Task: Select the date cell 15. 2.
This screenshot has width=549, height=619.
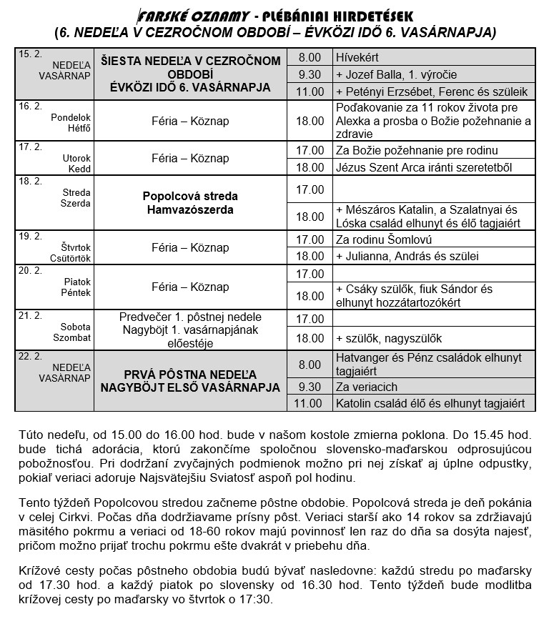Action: pyautogui.click(x=28, y=54)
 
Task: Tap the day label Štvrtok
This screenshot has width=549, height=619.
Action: pyautogui.click(x=76, y=243)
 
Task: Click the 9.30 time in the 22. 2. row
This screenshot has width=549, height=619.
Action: pyautogui.click(x=310, y=387)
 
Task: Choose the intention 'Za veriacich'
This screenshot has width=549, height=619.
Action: pyautogui.click(x=366, y=387)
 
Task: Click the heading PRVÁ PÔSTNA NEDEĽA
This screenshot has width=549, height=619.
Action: pyautogui.click(x=190, y=374)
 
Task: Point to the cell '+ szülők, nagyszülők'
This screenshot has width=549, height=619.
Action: pyautogui.click(x=389, y=338)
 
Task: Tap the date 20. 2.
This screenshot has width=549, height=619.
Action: pyautogui.click(x=28, y=271)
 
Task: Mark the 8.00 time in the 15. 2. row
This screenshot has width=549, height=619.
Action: pyautogui.click(x=310, y=56)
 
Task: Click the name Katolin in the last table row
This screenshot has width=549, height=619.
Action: pyautogui.click(x=355, y=404)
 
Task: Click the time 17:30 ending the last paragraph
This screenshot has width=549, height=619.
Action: pyautogui.click(x=256, y=600)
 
